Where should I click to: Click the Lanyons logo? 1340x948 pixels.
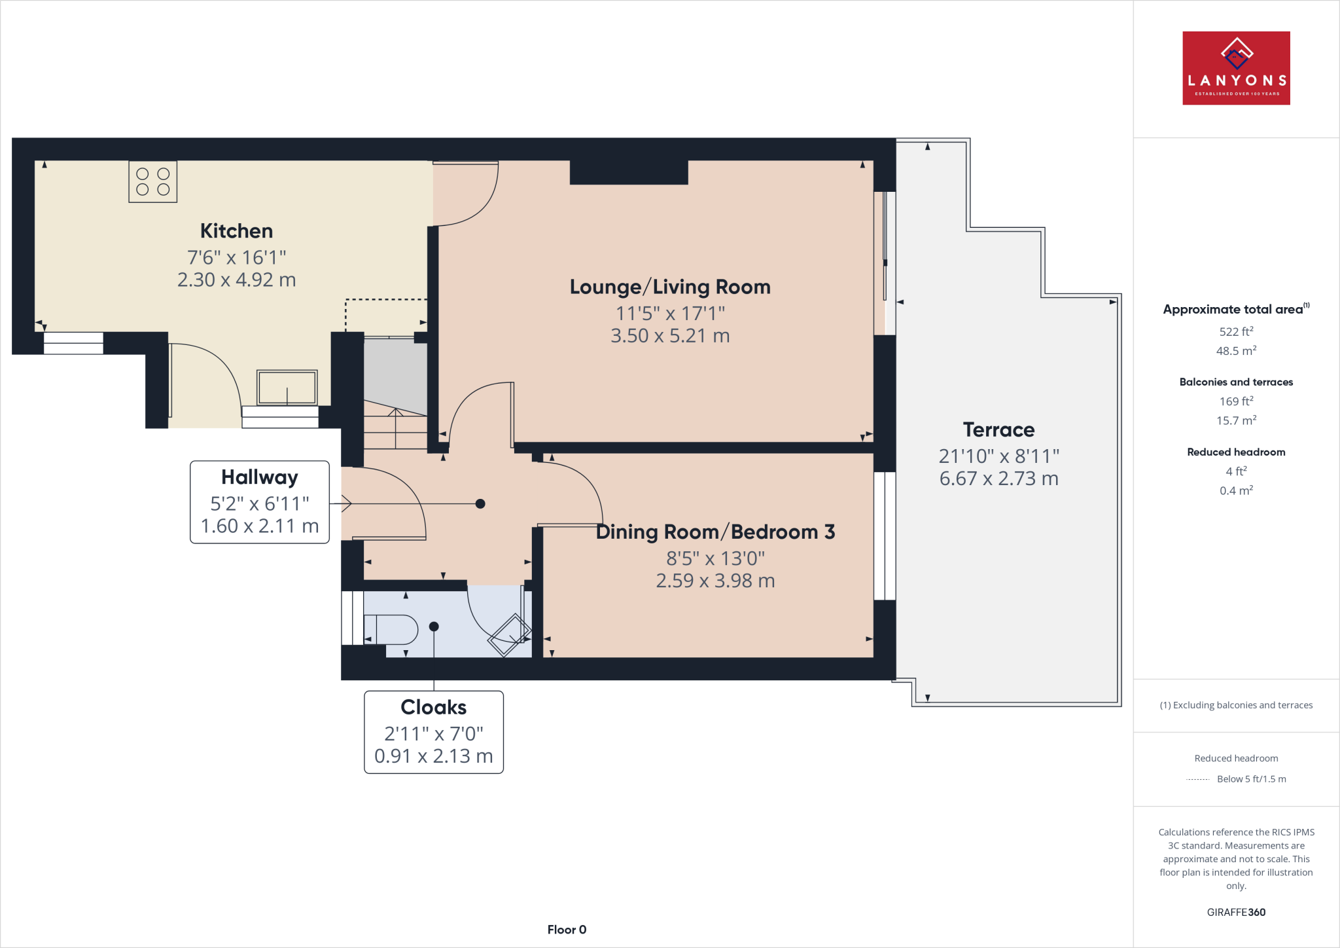click(1236, 68)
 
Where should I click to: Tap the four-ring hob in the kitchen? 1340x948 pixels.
click(152, 181)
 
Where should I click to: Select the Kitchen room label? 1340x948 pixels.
click(236, 231)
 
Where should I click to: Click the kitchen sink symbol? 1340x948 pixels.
click(287, 388)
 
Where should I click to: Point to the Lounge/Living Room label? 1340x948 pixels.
click(670, 287)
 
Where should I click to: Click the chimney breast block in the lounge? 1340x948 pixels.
click(629, 172)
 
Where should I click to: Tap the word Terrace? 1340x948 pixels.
click(998, 430)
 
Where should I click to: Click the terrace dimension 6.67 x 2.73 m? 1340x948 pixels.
click(998, 479)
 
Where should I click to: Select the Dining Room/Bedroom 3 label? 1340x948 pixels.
click(715, 532)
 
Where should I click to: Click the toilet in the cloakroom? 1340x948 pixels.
click(391, 630)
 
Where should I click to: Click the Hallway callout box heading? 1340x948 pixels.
click(259, 477)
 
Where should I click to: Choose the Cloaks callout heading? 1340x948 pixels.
click(433, 707)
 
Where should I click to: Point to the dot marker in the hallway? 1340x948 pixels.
click(480, 503)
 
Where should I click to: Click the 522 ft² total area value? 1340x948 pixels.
click(1236, 332)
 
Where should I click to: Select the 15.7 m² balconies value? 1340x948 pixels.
click(1236, 420)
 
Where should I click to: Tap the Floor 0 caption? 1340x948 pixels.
click(567, 930)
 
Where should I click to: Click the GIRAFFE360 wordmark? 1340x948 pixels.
click(1236, 912)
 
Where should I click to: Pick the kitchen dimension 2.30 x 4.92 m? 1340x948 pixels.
click(236, 280)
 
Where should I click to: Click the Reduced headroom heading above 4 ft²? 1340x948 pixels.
click(1236, 452)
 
